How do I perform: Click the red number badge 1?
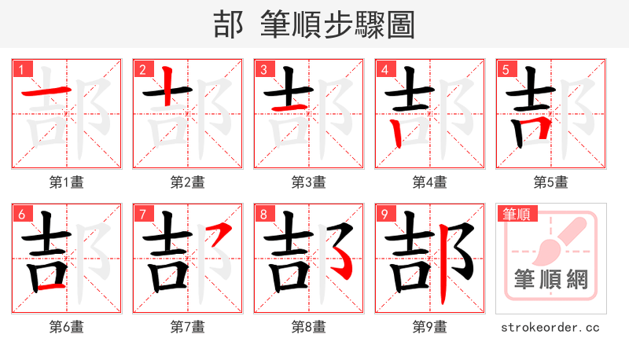tap(20, 69)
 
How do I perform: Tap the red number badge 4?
tap(384, 69)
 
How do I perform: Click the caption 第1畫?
tap(66, 182)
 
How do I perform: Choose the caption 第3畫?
tap(308, 182)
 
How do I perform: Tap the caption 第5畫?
tap(550, 182)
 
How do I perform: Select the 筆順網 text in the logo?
tap(550, 278)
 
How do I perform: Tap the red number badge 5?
tap(506, 69)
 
